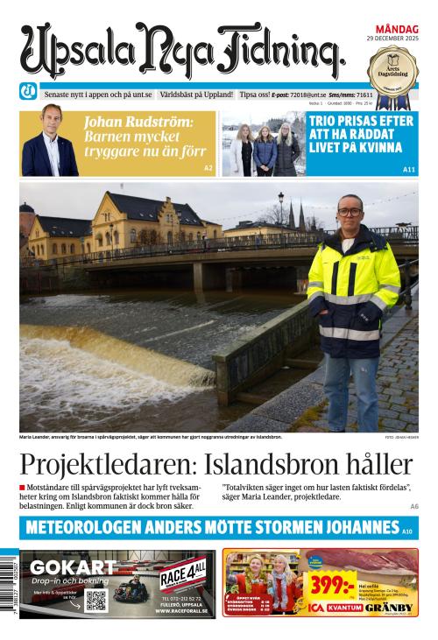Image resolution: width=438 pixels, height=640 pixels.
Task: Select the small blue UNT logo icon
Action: click(x=28, y=94)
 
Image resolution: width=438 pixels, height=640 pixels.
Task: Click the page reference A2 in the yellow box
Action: click(x=208, y=167)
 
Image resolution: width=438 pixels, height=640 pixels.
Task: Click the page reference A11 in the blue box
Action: click(x=408, y=168)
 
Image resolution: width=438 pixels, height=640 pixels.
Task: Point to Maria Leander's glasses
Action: click(x=350, y=213)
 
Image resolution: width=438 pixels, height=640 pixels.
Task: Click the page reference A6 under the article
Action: click(x=413, y=506)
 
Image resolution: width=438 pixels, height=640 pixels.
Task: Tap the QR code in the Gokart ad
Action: click(x=96, y=601)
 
